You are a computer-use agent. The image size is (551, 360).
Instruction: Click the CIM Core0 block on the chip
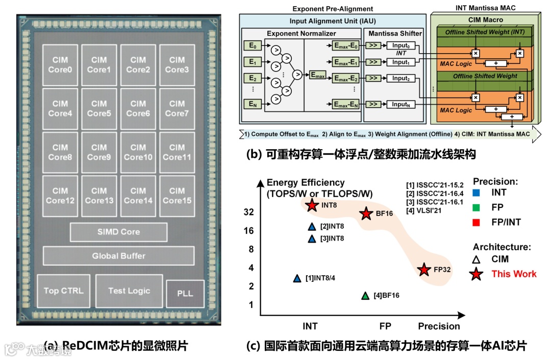(60, 65)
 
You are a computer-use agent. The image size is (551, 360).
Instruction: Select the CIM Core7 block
(177, 108)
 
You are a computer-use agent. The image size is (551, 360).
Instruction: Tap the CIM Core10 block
(138, 152)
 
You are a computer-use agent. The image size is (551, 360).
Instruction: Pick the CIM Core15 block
(177, 196)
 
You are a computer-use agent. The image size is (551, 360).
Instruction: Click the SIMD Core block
(118, 232)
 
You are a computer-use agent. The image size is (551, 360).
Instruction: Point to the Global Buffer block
(118, 256)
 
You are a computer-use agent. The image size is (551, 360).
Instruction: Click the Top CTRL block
(63, 291)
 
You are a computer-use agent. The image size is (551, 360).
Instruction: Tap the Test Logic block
(129, 291)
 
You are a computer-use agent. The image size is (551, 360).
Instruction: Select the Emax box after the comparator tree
(317, 75)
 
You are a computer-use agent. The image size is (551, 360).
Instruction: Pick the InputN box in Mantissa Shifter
(400, 104)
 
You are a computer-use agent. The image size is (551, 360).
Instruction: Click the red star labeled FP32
(423, 270)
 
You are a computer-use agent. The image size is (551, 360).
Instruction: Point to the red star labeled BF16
(366, 214)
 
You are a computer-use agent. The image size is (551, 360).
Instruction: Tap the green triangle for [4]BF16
(365, 295)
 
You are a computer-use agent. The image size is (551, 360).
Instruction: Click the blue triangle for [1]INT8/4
(297, 278)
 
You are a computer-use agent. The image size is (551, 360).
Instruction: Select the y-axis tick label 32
(248, 212)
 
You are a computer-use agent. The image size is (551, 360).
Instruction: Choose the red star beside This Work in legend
(477, 274)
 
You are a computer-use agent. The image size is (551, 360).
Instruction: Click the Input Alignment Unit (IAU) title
(331, 21)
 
